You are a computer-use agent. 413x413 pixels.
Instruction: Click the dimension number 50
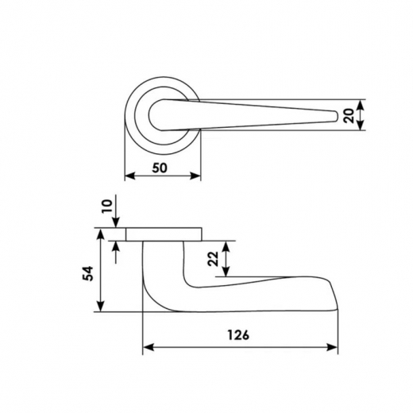coord(160,168)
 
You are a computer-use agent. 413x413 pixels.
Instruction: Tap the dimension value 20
coord(349,115)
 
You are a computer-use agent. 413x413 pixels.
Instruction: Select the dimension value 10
coord(108,206)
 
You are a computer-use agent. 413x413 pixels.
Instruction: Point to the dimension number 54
coord(89,273)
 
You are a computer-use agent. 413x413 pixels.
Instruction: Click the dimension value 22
coord(214,259)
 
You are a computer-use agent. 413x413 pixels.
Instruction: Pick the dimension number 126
coord(238,335)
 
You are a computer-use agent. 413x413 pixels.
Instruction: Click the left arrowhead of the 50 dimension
coord(129,176)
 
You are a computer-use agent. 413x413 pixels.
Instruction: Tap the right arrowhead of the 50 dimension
coord(195,176)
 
